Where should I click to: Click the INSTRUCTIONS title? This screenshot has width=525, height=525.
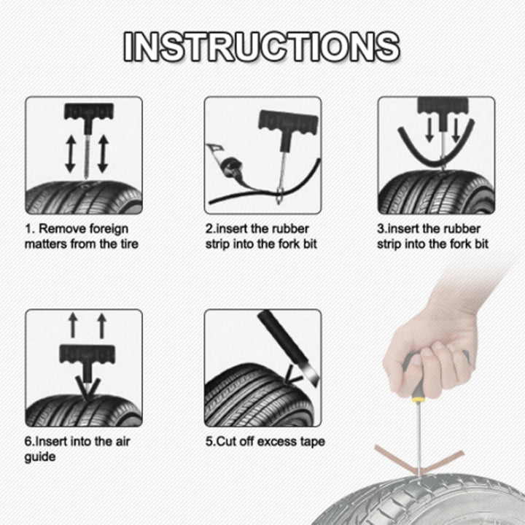262,46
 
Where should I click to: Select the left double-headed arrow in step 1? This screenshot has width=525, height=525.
70,152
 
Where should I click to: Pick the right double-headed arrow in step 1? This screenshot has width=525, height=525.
102,152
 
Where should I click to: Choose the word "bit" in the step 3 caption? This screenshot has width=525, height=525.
480,244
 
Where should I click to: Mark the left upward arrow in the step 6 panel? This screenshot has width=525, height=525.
73,325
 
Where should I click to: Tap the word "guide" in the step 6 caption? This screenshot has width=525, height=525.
40,456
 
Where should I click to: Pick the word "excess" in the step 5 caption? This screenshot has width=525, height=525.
279,441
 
